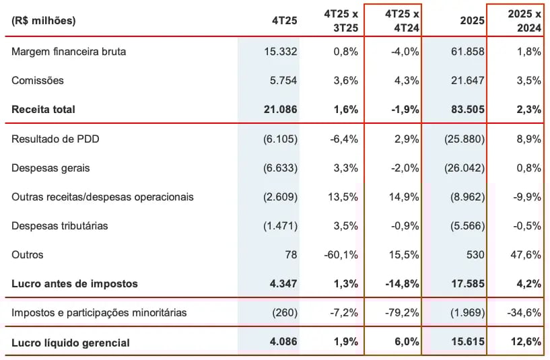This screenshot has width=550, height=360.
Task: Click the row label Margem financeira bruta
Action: coord(69,51)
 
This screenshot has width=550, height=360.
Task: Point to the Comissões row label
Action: coord(38,80)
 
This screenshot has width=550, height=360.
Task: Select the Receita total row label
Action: coord(43,109)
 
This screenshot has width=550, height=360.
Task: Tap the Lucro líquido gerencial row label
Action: coord(71,343)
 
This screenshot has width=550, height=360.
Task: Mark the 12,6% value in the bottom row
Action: coord(526,343)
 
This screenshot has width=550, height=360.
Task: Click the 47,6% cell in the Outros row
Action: coord(526,254)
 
